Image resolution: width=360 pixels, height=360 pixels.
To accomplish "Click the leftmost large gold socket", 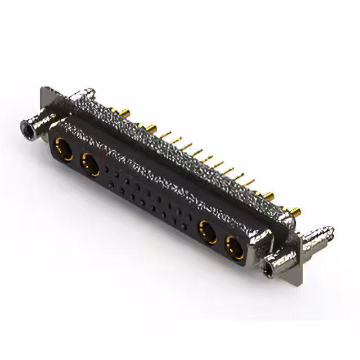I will click(x=62, y=150).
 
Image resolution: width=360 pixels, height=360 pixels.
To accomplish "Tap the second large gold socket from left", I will click(x=89, y=165).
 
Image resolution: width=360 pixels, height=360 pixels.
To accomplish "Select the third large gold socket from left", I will click(x=208, y=231).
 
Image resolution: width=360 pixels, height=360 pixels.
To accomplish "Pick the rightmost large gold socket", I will click(x=234, y=246).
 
